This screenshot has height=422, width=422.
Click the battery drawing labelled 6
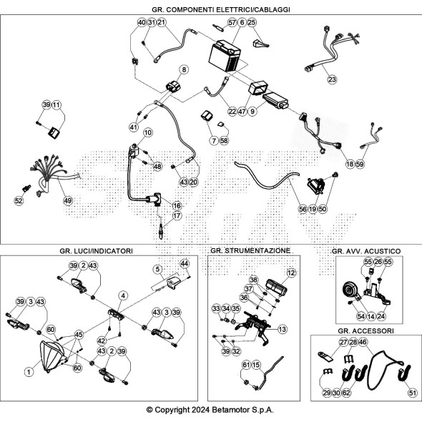point(225,56)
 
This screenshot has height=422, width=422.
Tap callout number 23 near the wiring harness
point(332,79)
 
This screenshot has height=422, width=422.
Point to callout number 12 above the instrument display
point(291,273)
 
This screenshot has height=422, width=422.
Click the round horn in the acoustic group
point(349,290)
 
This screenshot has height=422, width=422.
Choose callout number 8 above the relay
point(184,69)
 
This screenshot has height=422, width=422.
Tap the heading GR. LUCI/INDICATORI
point(96,251)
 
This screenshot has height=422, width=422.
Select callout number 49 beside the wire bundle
point(68,200)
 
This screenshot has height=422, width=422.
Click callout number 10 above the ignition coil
point(147,132)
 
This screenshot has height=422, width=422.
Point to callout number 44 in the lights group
point(185,263)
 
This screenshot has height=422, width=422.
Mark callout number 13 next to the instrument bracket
point(283,329)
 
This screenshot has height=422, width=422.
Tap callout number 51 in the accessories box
point(412,393)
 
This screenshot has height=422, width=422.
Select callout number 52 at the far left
point(19,200)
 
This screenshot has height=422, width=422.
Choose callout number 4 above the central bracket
point(123,296)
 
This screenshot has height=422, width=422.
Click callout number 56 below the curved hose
point(303,209)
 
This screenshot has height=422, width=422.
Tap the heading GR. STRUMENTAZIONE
point(250,251)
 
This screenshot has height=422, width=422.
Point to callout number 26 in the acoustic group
point(378,262)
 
